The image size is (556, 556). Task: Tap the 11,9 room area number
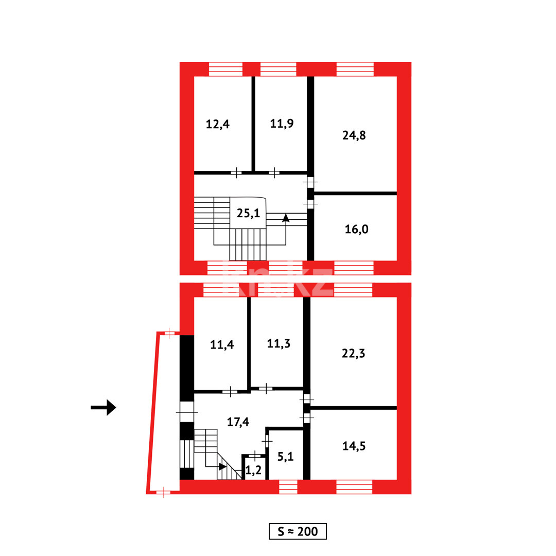282,124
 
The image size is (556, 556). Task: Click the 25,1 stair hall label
248,213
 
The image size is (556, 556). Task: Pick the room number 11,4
222,344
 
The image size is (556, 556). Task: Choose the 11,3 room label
279,344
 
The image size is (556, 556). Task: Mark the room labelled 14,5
354,446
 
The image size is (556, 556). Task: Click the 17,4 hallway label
238,422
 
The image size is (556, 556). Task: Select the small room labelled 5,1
285,456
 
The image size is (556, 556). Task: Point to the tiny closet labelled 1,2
253,470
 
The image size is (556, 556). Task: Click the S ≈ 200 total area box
298,531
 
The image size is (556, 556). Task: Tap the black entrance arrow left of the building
103,407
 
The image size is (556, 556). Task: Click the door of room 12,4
236,172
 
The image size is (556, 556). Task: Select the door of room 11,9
274,172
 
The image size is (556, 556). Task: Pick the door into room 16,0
310,204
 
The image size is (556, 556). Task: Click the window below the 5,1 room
288,486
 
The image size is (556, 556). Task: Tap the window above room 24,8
355,69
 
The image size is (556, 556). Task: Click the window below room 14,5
354,486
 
